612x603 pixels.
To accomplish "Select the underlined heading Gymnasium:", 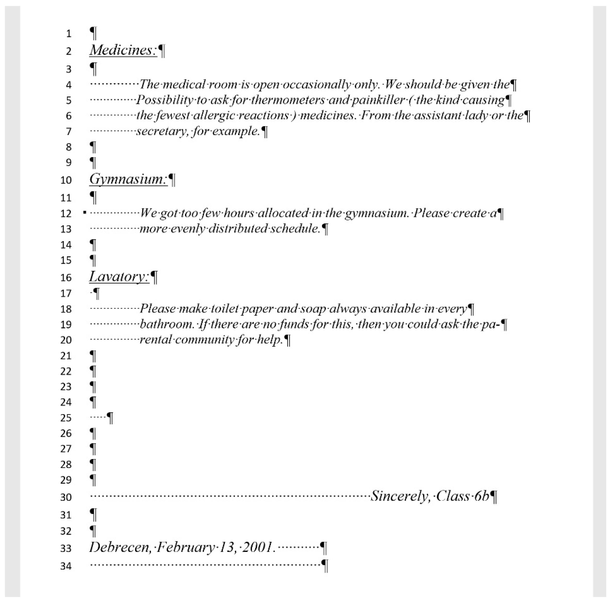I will pyautogui.click(x=128, y=179).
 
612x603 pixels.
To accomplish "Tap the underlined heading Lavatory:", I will pyautogui.click(x=119, y=277).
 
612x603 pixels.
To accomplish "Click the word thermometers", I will pyautogui.click(x=288, y=100).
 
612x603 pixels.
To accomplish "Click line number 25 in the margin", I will pyautogui.click(x=66, y=418).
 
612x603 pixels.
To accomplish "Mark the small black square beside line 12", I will pyautogui.click(x=85, y=212).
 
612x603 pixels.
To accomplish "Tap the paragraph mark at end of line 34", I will pyautogui.click(x=325, y=566).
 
